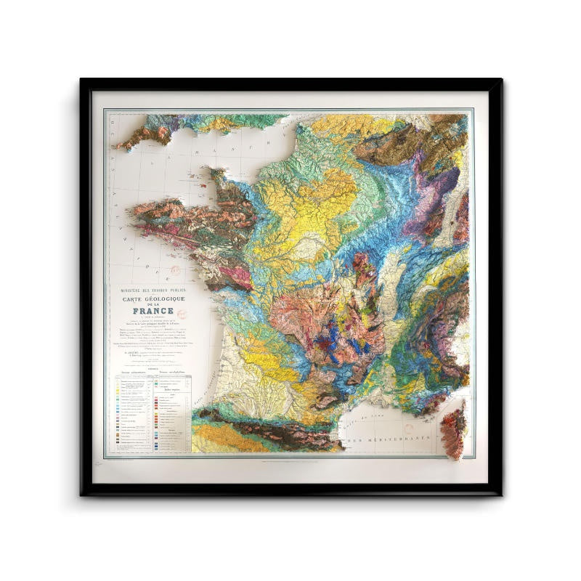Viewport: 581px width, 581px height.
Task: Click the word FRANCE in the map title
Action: (153, 312)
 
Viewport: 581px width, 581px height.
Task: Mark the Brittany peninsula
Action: (189, 218)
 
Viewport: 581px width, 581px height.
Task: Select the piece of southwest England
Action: (145, 134)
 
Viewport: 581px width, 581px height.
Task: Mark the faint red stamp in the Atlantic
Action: (174, 272)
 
